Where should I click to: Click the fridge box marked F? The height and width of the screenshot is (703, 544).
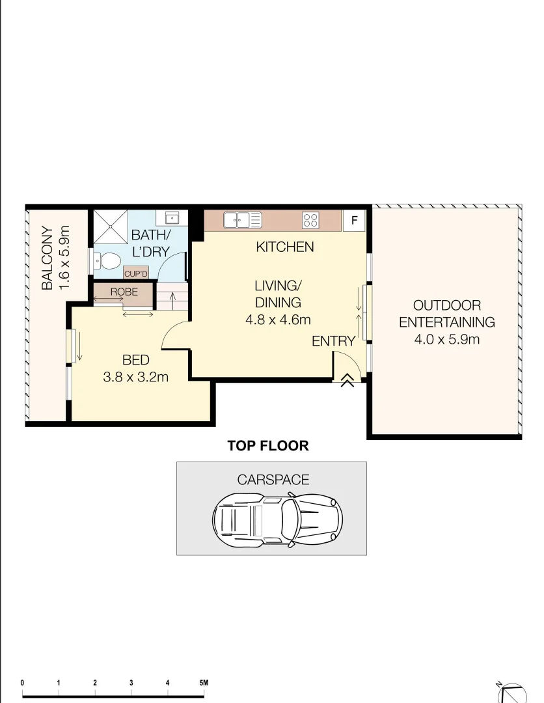[x=355, y=220]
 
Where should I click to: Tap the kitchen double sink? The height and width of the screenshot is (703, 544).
[x=243, y=220]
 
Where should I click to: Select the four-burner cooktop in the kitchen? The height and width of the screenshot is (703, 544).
[x=310, y=221]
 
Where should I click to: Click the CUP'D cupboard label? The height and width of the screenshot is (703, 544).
[x=137, y=273]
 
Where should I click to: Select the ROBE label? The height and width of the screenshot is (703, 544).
[x=124, y=292]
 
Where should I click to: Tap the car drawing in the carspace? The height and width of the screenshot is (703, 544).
[x=277, y=518]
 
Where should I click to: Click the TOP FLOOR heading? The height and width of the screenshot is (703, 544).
[x=267, y=446]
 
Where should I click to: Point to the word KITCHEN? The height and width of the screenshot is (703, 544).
[x=284, y=247]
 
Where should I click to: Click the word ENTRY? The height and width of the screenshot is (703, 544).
[x=333, y=341]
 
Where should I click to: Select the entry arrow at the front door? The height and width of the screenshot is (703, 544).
[x=347, y=380]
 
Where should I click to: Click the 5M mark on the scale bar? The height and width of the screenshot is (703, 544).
[x=204, y=683]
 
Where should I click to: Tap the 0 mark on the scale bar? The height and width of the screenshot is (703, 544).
[x=22, y=683]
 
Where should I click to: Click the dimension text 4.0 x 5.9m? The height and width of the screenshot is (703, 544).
[x=446, y=338]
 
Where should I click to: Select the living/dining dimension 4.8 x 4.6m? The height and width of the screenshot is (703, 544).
[x=278, y=320]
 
